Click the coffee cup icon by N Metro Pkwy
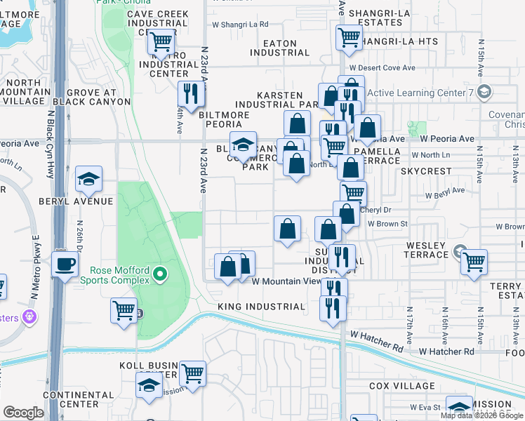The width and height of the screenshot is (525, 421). pyautogui.click(x=65, y=265)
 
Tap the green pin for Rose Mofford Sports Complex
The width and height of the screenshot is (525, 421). pyautogui.click(x=161, y=273)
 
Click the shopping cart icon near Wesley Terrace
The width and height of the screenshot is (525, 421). pyautogui.click(x=474, y=262)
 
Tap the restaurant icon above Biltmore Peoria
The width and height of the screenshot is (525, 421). pyautogui.click(x=190, y=93)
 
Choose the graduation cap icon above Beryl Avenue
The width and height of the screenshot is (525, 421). pyautogui.click(x=89, y=180)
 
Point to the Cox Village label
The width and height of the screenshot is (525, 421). pyautogui.click(x=402, y=386)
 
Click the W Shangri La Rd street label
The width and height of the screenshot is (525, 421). pyautogui.click(x=240, y=24)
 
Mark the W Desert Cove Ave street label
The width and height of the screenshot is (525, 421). pyautogui.click(x=382, y=68)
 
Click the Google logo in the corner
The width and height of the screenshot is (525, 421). pyautogui.click(x=22, y=412)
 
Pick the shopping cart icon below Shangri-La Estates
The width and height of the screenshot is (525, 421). pyautogui.click(x=348, y=38)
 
